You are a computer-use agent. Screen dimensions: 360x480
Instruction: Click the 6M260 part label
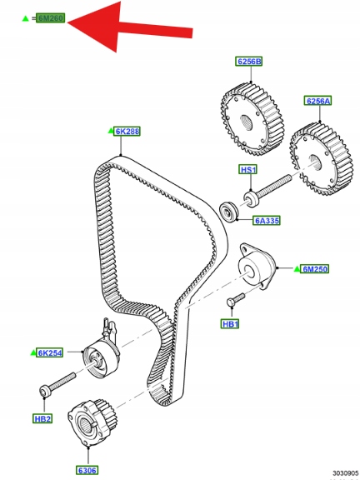[x=51, y=18]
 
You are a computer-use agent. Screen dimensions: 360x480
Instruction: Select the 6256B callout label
[x=249, y=62]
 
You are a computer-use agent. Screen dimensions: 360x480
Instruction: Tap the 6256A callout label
[x=317, y=101]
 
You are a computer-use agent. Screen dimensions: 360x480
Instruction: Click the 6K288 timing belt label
[x=127, y=132]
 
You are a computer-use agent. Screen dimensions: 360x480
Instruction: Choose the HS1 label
[x=248, y=170]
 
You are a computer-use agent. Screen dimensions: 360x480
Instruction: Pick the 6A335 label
[x=267, y=220]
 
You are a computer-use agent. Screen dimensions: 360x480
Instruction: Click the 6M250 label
[x=315, y=269]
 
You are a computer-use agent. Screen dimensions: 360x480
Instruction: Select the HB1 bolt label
[x=230, y=324]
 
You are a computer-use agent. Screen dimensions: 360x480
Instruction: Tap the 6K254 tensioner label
[x=50, y=352]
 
